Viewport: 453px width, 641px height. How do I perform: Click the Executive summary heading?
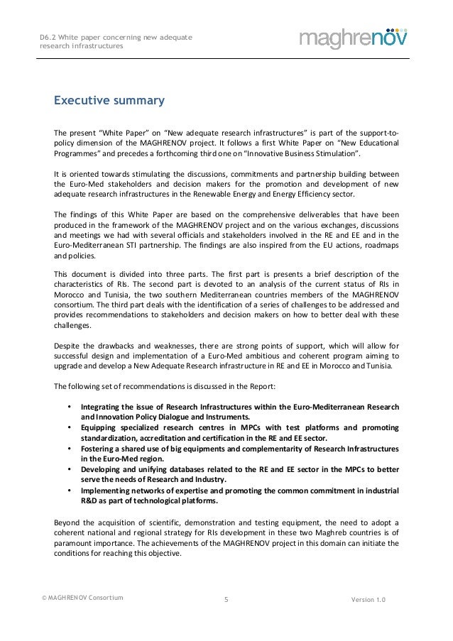pos(109,101)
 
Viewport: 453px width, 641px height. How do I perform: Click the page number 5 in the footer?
pos(226,600)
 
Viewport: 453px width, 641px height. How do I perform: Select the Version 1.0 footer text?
pos(369,600)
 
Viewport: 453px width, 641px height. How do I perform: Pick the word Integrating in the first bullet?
pos(103,407)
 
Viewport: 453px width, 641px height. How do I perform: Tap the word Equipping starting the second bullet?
pos(102,428)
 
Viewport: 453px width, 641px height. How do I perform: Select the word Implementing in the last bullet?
pos(107,491)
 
